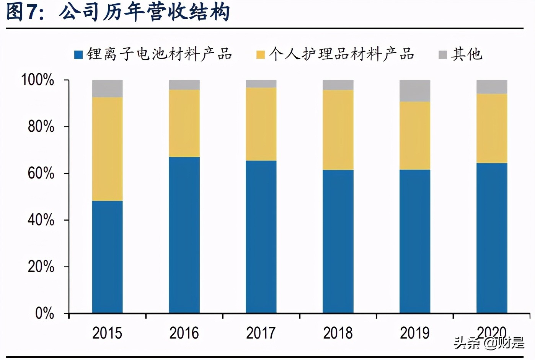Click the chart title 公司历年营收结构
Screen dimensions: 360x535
145,12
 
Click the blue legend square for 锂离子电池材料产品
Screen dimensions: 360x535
78,55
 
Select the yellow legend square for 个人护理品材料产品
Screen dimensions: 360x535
261,55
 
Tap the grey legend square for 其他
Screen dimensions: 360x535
442,55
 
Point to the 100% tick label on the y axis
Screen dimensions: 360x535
38,80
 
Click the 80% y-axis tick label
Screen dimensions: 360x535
41,126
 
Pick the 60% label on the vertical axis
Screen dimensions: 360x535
41,173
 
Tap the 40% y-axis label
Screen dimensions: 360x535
41,220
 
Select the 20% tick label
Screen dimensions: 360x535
41,267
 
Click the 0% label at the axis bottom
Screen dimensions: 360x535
44,313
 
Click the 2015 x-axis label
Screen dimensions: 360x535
107,333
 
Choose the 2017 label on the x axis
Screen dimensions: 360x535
261,333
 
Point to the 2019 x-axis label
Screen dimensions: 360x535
414,333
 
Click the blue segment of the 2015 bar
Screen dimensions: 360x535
107,257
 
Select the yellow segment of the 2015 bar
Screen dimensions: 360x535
107,149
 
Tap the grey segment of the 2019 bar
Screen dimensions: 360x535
415,91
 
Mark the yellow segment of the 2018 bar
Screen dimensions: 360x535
338,130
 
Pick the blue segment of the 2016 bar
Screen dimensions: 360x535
184,235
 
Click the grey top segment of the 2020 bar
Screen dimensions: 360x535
492,87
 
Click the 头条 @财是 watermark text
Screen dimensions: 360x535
489,342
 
